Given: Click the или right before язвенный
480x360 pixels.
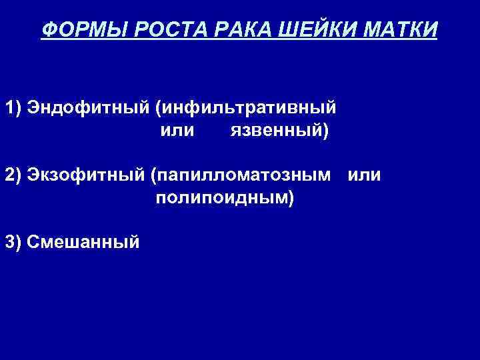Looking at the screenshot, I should coord(177,131).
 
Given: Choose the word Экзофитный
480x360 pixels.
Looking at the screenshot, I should coord(86,175).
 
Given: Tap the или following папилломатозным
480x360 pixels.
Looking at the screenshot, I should coord(365,175).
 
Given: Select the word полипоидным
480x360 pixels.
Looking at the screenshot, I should coord(222,198).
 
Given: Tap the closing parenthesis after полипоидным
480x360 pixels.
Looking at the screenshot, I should coord(291,198).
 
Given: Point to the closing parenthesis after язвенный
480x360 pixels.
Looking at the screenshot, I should coord(326,131).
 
